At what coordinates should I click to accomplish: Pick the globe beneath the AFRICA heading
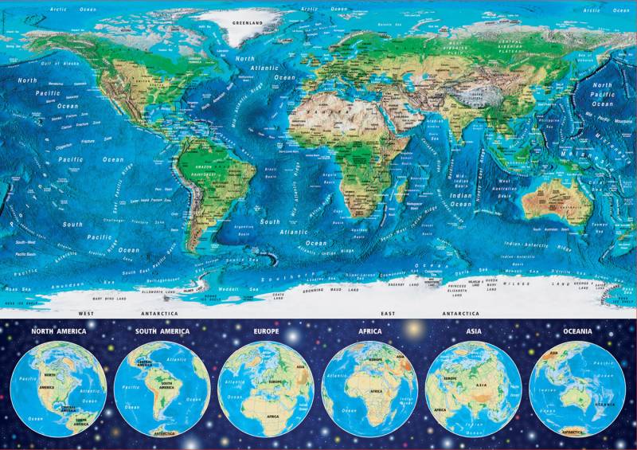click(x=369, y=389)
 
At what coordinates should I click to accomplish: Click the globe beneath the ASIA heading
click(x=473, y=389)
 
